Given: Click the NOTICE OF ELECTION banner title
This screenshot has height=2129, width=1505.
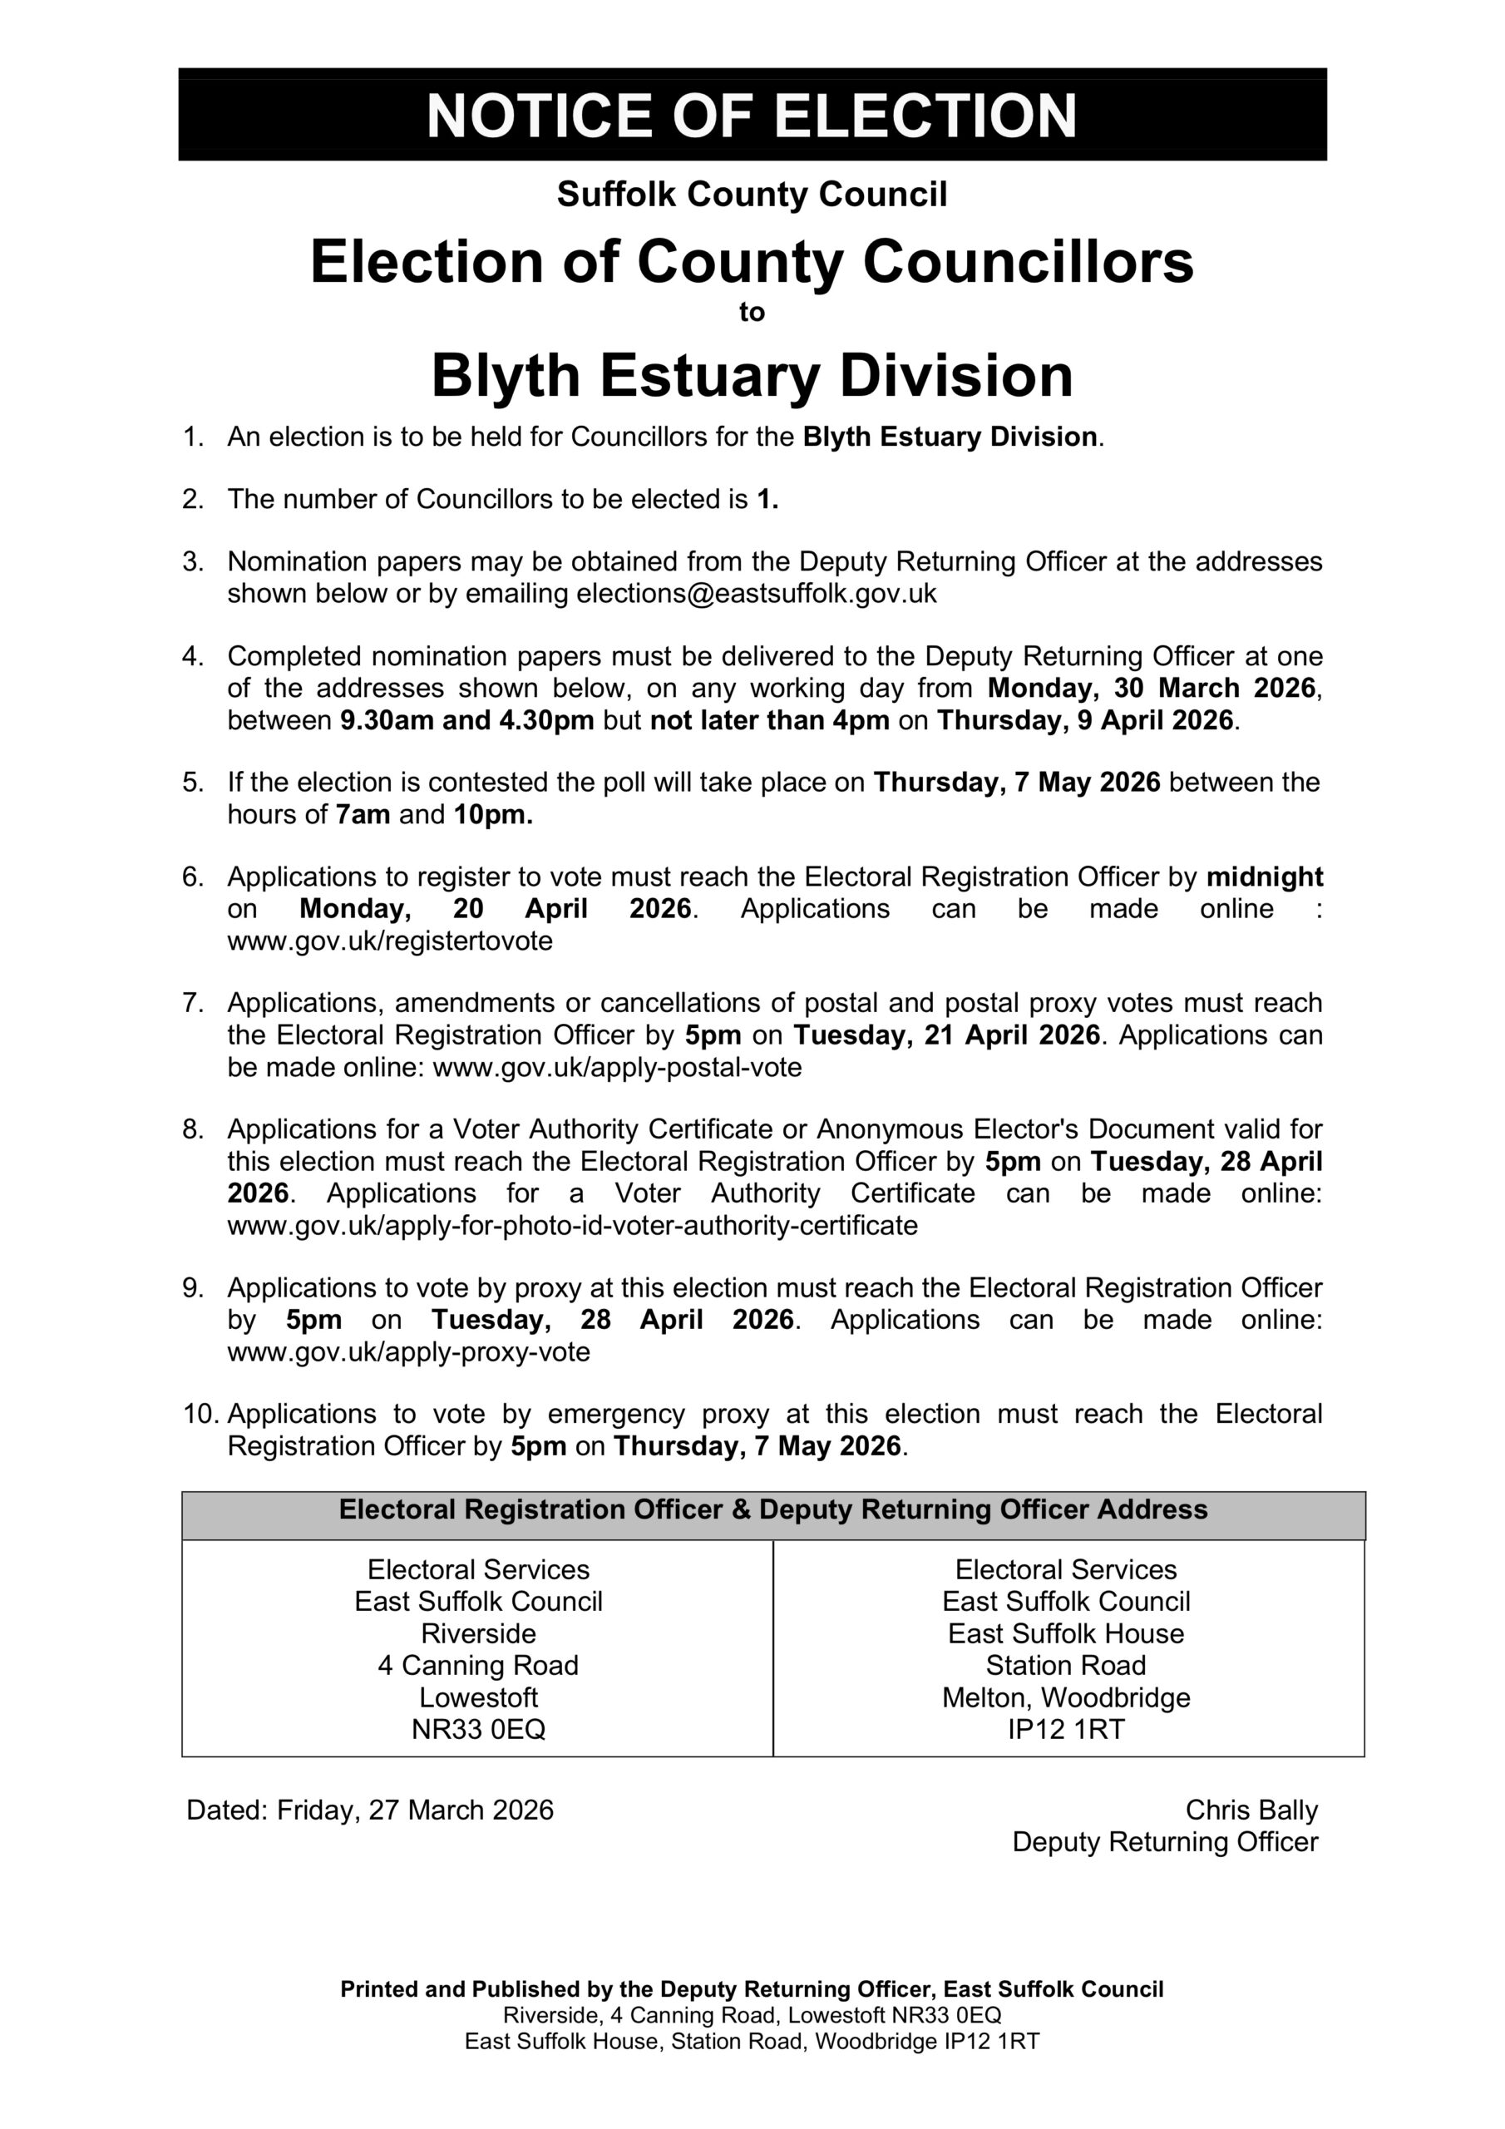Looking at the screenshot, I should point(751,116).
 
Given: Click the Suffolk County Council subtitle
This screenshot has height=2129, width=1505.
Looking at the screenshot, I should point(751,195).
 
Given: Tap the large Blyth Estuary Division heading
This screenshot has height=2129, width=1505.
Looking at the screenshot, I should point(751,376).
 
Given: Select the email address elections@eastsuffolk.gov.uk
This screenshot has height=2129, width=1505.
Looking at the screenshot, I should point(756,594).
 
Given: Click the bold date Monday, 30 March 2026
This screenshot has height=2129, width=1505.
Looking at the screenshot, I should point(1151,688).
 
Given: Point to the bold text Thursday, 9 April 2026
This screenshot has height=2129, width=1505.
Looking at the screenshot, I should point(1085,720).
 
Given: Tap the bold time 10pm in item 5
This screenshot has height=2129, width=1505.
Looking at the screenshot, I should point(492,815).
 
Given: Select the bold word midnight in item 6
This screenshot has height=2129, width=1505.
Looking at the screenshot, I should point(1264,877).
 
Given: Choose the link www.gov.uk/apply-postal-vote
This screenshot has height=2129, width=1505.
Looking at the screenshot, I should point(617,1067).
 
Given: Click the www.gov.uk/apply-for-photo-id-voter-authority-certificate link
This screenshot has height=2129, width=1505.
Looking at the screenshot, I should point(572,1226).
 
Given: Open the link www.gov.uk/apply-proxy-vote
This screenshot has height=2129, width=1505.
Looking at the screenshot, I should point(408,1352).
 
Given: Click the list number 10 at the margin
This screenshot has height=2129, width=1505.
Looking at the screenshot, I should point(200,1414).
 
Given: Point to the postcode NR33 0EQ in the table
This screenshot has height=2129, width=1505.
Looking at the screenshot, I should point(478,1729).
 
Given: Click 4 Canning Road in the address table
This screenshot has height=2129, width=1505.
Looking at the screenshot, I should point(478,1666).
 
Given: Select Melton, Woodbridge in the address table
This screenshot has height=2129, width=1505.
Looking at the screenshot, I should point(1065,1698).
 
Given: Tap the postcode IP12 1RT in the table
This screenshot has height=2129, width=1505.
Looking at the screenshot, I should point(1065,1729).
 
